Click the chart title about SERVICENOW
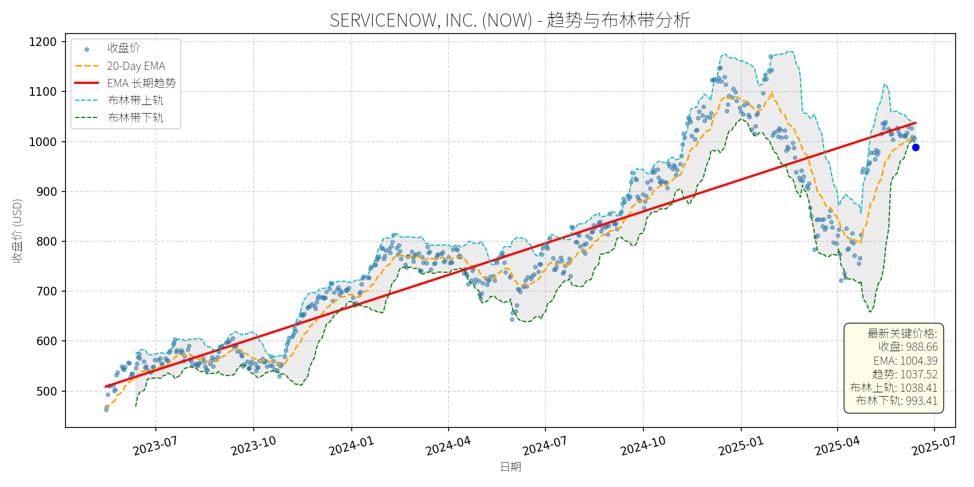(510, 20)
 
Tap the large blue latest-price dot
(916, 147)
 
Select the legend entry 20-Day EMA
(136, 66)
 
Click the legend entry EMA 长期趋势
(141, 83)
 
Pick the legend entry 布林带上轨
(135, 101)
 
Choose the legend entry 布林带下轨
(135, 118)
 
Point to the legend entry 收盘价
(123, 48)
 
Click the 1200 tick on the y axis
(43, 42)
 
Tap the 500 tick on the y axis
(47, 391)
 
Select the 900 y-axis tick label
(47, 192)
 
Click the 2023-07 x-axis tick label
(155, 446)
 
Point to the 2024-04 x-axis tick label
(448, 446)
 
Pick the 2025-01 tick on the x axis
(741, 446)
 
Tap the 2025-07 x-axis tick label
(934, 446)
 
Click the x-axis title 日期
(510, 466)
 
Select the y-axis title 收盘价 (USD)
(17, 231)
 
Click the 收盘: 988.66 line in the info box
(907, 347)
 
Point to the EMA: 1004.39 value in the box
(905, 361)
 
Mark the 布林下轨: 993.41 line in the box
(896, 401)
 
